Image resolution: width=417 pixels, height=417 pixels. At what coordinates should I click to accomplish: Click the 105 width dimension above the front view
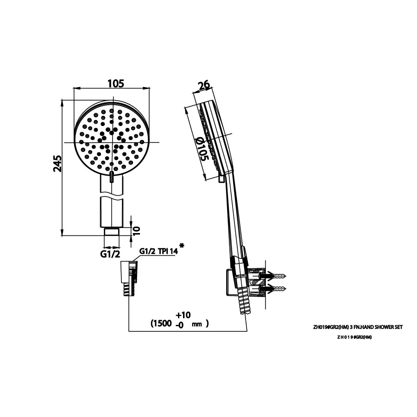pyautogui.click(x=116, y=83)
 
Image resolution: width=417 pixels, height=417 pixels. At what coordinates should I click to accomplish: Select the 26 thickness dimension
pyautogui.click(x=204, y=86)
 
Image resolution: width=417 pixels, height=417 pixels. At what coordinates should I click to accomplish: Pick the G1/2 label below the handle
pyautogui.click(x=110, y=254)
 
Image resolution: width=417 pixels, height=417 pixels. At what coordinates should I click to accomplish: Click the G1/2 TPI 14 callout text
pyautogui.click(x=158, y=251)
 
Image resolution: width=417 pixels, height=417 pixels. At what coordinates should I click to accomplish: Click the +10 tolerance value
pyautogui.click(x=183, y=315)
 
